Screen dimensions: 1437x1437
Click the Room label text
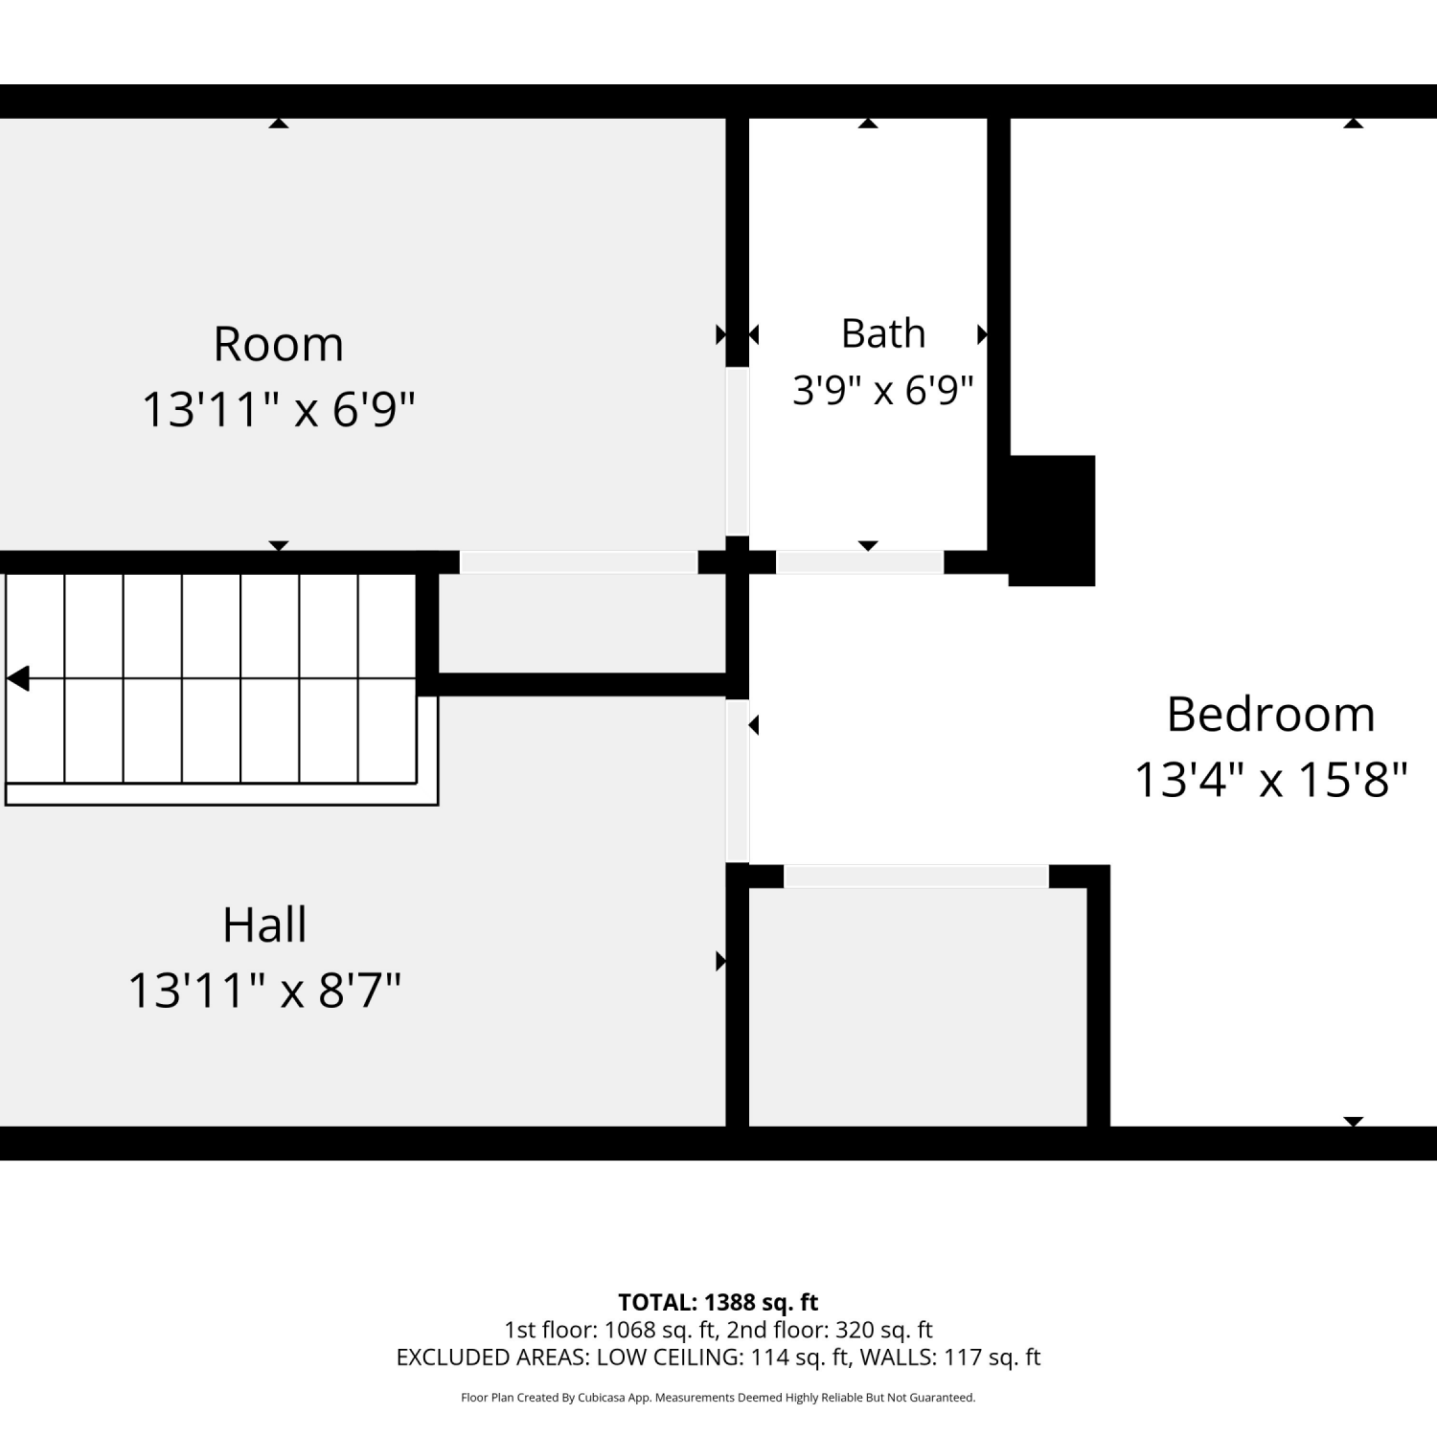click(x=278, y=344)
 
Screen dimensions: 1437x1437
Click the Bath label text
click(x=883, y=333)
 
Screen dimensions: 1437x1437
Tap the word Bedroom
click(x=1270, y=715)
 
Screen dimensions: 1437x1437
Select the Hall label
click(x=264, y=924)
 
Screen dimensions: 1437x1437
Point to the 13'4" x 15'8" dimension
click(x=1270, y=780)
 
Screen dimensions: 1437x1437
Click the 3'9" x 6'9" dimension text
click(x=883, y=390)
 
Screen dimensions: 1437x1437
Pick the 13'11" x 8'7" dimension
click(x=264, y=990)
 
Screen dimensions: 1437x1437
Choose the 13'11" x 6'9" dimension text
click(x=278, y=409)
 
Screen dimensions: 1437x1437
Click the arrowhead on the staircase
click(x=17, y=678)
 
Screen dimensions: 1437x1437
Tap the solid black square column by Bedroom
click(x=1052, y=520)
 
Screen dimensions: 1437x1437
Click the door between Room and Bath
click(x=737, y=451)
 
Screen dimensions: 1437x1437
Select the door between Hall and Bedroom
click(x=737, y=781)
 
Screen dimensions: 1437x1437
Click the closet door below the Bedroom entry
click(x=917, y=877)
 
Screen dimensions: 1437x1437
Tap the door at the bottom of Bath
click(x=860, y=562)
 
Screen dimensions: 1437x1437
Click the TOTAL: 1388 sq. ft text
click(x=718, y=1303)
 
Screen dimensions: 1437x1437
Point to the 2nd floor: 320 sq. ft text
click(x=830, y=1330)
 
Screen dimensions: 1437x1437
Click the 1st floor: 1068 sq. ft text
click(x=610, y=1330)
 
